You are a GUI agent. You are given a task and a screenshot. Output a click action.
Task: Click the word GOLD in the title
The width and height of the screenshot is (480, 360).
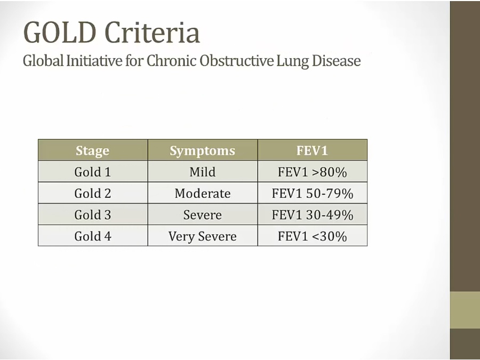pyautogui.click(x=60, y=32)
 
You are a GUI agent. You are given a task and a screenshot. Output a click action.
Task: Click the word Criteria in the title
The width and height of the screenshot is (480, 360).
pyautogui.click(x=152, y=32)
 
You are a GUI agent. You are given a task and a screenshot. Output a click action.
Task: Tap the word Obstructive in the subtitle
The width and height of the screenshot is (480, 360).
pyautogui.click(x=236, y=61)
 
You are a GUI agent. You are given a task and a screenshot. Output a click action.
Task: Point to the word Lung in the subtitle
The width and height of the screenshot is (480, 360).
pyautogui.click(x=292, y=61)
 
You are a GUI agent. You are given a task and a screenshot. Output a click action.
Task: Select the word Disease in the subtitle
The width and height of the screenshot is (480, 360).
pyautogui.click(x=336, y=61)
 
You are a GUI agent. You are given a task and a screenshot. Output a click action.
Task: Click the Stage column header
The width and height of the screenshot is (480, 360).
pyautogui.click(x=92, y=150)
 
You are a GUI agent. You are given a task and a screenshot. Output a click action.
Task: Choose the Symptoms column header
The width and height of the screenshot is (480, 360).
pyautogui.click(x=202, y=150)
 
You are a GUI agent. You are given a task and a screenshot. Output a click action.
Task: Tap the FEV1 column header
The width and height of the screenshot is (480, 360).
pyautogui.click(x=312, y=150)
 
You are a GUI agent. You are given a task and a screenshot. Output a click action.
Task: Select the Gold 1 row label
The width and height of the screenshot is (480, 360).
pyautogui.click(x=92, y=172)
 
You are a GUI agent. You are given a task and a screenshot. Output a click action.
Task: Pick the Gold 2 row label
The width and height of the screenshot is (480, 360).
pyautogui.click(x=92, y=193)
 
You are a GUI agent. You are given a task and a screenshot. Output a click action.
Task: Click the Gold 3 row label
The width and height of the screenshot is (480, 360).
pyautogui.click(x=92, y=214)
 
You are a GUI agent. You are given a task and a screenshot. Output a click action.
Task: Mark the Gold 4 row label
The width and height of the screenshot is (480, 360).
pyautogui.click(x=92, y=236)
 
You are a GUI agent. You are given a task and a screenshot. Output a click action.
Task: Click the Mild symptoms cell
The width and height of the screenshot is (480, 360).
pyautogui.click(x=202, y=172)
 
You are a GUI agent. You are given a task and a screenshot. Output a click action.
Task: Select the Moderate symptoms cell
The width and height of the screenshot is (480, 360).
pyautogui.click(x=202, y=193)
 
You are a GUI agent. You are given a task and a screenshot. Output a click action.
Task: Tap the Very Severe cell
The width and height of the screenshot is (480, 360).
pyautogui.click(x=202, y=237)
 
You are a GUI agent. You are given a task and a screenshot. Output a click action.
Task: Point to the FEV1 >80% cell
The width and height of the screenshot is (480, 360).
pyautogui.click(x=312, y=172)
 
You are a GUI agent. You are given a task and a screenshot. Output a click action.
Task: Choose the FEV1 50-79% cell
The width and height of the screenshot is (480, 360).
pyautogui.click(x=312, y=193)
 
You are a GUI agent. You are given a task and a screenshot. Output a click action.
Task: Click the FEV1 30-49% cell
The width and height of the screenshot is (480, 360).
pyautogui.click(x=312, y=214)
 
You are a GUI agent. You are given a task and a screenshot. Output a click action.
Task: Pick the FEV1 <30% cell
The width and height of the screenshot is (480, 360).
pyautogui.click(x=312, y=236)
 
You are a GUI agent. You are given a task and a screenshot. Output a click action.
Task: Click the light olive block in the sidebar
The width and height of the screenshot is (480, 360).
pyautogui.click(x=465, y=310)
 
